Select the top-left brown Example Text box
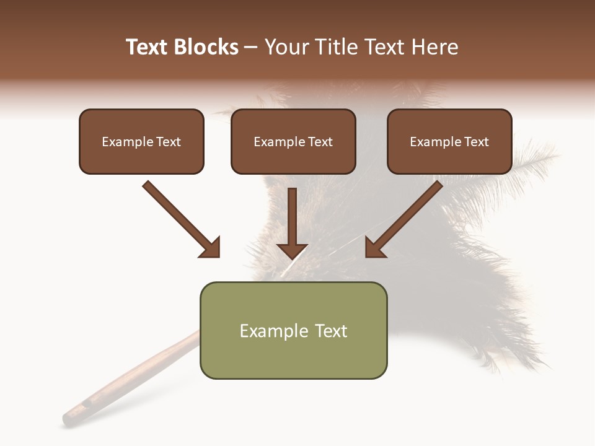pyautogui.click(x=141, y=141)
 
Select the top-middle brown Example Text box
pyautogui.click(x=293, y=141)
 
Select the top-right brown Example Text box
pyautogui.click(x=449, y=141)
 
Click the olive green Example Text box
pyautogui.click(x=293, y=330)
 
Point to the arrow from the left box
pyautogui.click(x=180, y=218)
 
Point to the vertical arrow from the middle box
pyautogui.click(x=293, y=220)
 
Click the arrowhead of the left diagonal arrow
pyautogui.click(x=211, y=248)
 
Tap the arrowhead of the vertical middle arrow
pyautogui.click(x=293, y=250)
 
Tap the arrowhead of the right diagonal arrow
pyautogui.click(x=374, y=248)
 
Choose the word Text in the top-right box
pyautogui.click(x=476, y=142)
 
